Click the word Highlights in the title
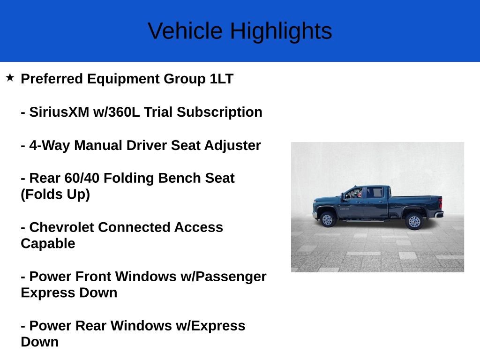[x=280, y=31]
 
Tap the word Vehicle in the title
[x=185, y=31]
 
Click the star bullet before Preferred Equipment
[x=10, y=77]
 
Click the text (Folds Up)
[x=55, y=194]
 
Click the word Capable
[x=48, y=244]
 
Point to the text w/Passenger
[x=223, y=277]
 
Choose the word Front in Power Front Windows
[x=94, y=277]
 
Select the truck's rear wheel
[x=414, y=221]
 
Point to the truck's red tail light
[x=440, y=203]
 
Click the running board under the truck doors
[x=366, y=220]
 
